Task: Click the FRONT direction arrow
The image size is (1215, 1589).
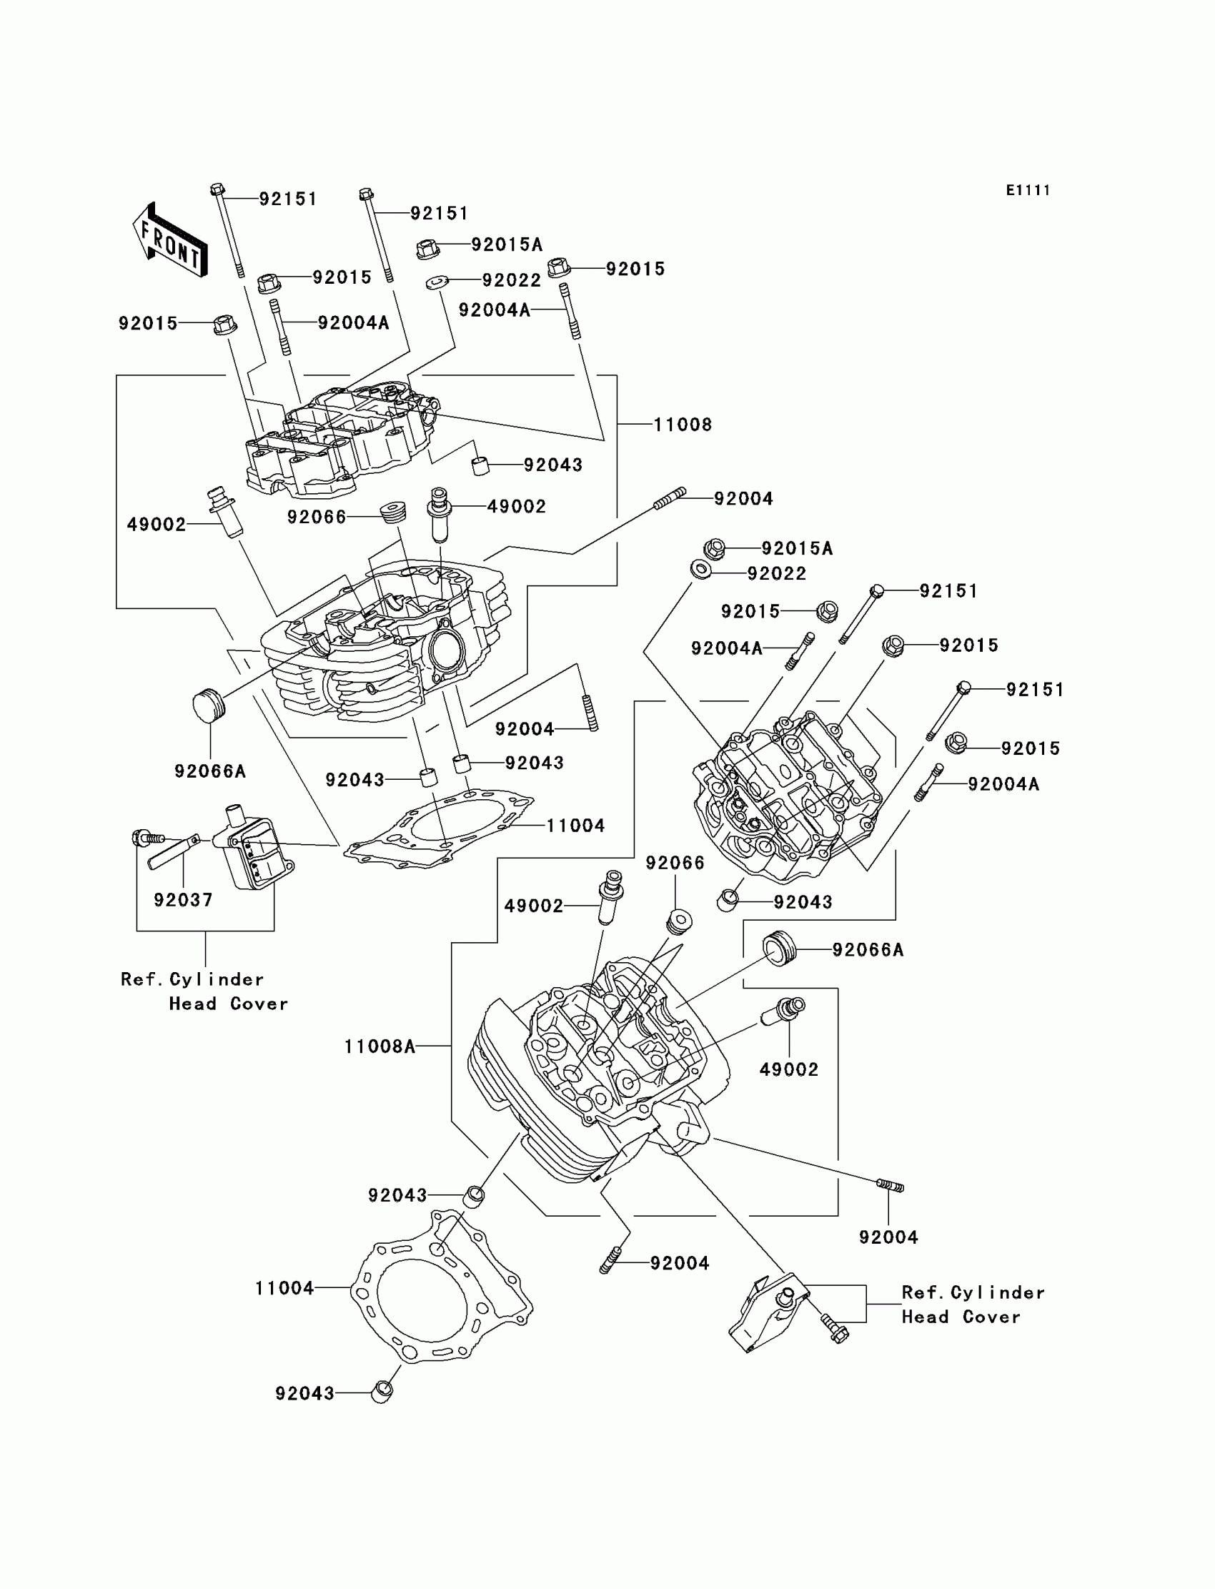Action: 170,240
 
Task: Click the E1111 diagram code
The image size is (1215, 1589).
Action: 1028,190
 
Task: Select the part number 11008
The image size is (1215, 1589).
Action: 682,425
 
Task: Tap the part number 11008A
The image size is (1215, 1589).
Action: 380,1046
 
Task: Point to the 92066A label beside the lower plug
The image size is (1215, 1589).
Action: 868,950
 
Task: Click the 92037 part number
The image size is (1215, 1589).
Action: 183,900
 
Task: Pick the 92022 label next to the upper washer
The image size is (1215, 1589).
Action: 511,281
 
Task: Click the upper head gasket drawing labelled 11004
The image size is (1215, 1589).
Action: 438,829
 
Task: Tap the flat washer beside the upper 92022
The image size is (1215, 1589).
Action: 437,282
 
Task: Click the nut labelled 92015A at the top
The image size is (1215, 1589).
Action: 428,249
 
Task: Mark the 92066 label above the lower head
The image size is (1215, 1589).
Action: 675,863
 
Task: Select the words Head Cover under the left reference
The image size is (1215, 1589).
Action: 229,1004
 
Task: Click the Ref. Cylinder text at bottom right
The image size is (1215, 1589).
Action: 973,1293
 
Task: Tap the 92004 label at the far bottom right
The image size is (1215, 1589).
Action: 888,1237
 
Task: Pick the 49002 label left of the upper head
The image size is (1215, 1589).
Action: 157,525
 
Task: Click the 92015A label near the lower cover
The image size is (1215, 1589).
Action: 797,549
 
